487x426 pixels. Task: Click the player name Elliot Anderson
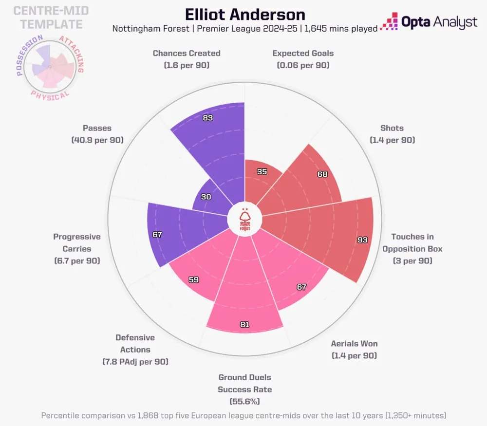[245, 14]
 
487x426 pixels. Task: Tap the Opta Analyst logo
[429, 22]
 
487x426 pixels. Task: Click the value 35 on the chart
[262, 171]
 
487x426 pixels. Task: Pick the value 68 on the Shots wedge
[322, 174]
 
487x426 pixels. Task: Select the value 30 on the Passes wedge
[206, 197]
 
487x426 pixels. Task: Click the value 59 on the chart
[194, 280]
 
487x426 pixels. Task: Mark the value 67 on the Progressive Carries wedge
[157, 234]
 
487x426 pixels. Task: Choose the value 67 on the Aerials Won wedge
[301, 287]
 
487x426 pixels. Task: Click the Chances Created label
[187, 58]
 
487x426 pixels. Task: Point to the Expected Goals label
[303, 58]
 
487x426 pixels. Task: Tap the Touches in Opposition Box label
[412, 248]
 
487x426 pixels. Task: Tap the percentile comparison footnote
[243, 415]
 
